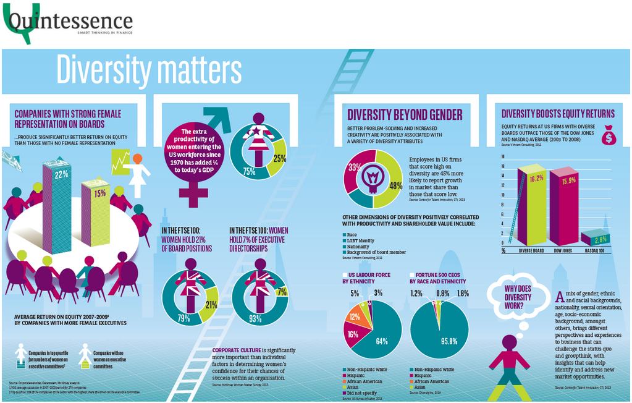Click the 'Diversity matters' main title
(149, 70)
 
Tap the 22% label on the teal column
(61, 174)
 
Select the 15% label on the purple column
(99, 193)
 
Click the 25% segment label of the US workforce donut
(279, 159)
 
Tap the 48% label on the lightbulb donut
(395, 184)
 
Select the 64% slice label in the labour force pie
(381, 341)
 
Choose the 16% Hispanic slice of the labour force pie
(352, 334)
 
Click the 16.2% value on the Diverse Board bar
(536, 178)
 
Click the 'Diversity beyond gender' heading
(405, 114)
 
